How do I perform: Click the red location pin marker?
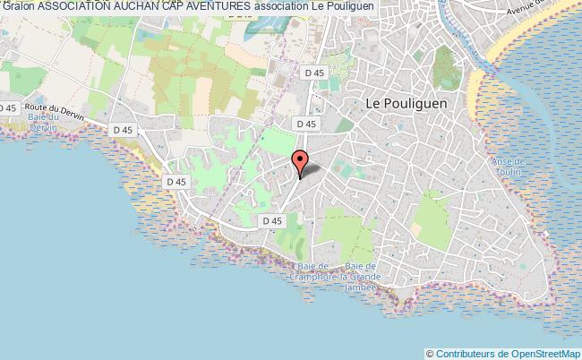[x=300, y=161]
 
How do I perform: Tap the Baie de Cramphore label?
[x=313, y=272]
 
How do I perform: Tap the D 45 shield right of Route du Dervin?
[x=124, y=130]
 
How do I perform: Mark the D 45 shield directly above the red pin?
[x=306, y=124]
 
